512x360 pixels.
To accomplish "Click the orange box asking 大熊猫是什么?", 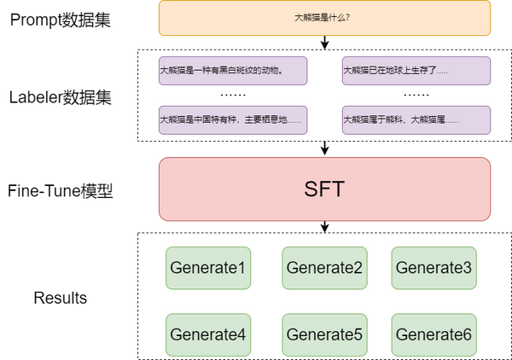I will click(x=324, y=19).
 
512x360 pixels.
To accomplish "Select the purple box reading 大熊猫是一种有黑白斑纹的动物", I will click(x=233, y=71).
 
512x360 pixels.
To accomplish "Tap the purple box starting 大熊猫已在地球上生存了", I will click(x=416, y=71).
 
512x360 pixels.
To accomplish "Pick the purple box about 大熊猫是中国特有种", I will click(x=233, y=119).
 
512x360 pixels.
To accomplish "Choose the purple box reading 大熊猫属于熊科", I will click(x=416, y=119).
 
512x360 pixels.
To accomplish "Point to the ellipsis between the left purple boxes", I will click(x=233, y=95).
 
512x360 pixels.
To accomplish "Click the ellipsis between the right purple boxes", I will click(x=416, y=95).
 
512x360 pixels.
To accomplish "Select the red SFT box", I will click(x=324, y=189).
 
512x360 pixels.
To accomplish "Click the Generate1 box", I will click(x=207, y=268).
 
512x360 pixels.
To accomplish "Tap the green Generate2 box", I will click(x=324, y=268).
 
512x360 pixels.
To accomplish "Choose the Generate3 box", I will click(x=433, y=268).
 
